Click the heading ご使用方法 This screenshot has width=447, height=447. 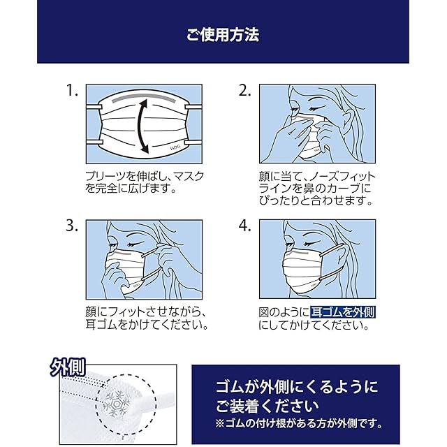click(x=223, y=35)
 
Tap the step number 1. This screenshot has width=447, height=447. click(x=72, y=90)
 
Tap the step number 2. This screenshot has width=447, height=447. click(x=244, y=90)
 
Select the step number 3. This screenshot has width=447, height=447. click(x=72, y=226)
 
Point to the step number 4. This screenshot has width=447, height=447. click(x=244, y=226)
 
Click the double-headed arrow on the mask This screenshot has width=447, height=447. click(x=139, y=126)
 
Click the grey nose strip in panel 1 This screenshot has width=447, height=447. click(x=144, y=98)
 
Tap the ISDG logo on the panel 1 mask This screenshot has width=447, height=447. click(x=175, y=147)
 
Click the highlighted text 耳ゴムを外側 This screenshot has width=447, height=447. click(x=342, y=312)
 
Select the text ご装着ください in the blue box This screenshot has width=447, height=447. click(x=267, y=406)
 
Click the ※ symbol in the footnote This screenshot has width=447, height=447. click(x=220, y=424)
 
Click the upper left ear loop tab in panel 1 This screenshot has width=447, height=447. click(x=94, y=107)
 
